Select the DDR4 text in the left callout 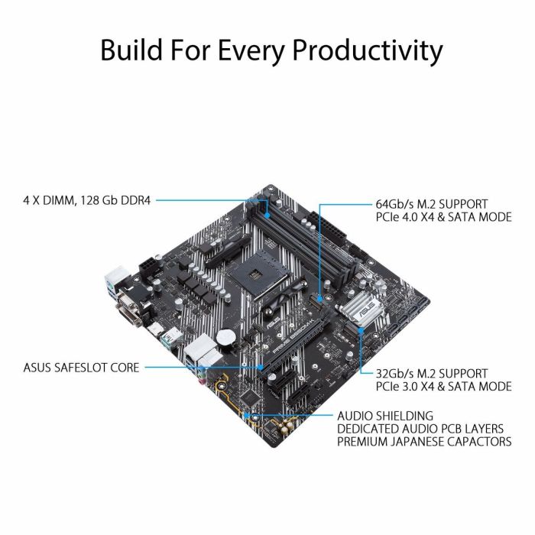[138, 201]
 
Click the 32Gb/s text [395, 374]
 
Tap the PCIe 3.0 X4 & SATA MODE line [443, 387]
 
